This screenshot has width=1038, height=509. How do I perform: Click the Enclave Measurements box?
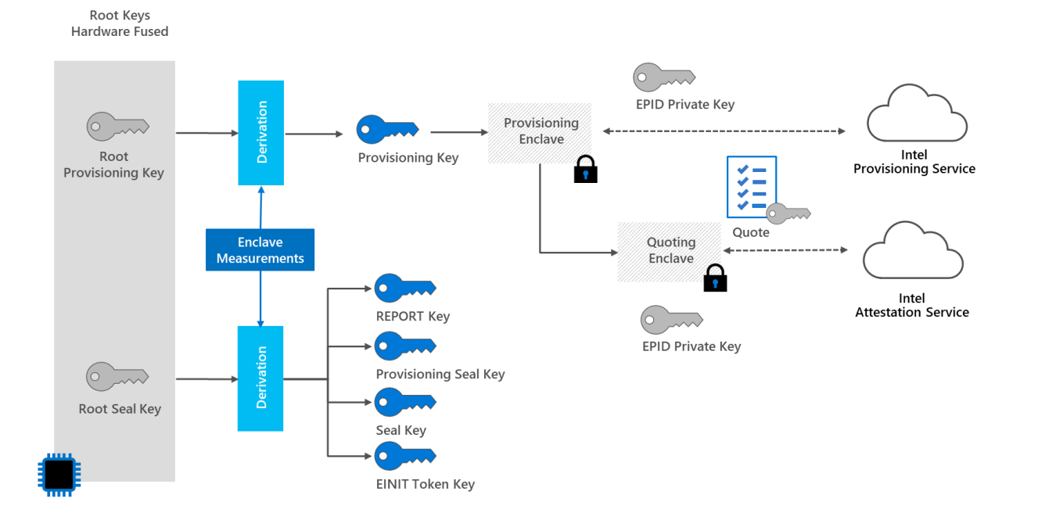point(260,250)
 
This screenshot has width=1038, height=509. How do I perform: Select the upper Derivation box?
point(260,133)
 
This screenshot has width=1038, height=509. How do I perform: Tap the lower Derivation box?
point(260,378)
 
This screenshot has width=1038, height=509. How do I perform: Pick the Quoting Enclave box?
point(670,251)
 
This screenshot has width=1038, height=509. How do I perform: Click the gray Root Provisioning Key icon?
point(117,125)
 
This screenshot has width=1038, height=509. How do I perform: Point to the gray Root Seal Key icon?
point(117,376)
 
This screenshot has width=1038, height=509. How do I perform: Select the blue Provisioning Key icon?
point(387,129)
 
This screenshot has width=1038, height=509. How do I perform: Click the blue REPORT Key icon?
point(404,289)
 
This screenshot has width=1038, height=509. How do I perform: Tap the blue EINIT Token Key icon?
point(404,456)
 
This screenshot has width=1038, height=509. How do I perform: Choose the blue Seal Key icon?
point(404,402)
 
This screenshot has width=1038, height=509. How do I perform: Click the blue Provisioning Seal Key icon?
point(404,346)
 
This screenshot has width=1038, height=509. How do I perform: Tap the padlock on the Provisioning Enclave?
point(585,169)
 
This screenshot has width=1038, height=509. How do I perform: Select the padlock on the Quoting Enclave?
point(715,278)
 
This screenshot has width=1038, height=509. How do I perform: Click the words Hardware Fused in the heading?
point(120,32)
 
